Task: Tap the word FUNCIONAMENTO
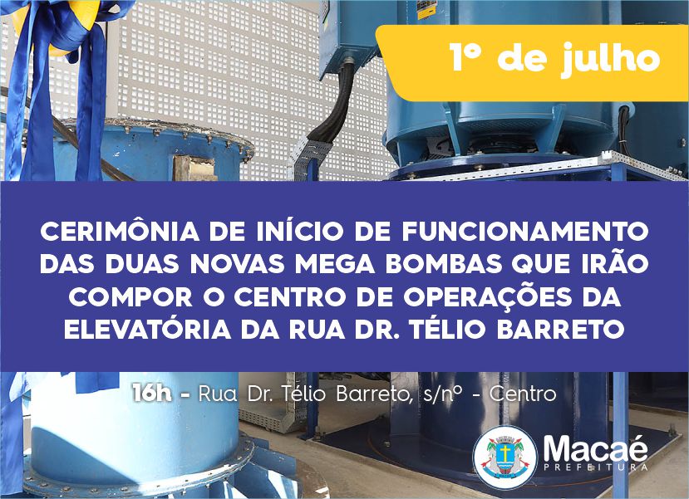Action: [525, 232]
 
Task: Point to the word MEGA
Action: [335, 264]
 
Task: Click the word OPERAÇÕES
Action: [488, 296]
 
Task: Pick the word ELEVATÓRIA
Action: [148, 329]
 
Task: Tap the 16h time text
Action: [152, 393]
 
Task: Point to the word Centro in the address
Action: [523, 394]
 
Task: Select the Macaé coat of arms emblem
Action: [504, 457]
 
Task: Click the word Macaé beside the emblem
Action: [595, 448]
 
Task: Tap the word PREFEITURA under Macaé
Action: [595, 467]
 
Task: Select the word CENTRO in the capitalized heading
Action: [289, 297]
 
